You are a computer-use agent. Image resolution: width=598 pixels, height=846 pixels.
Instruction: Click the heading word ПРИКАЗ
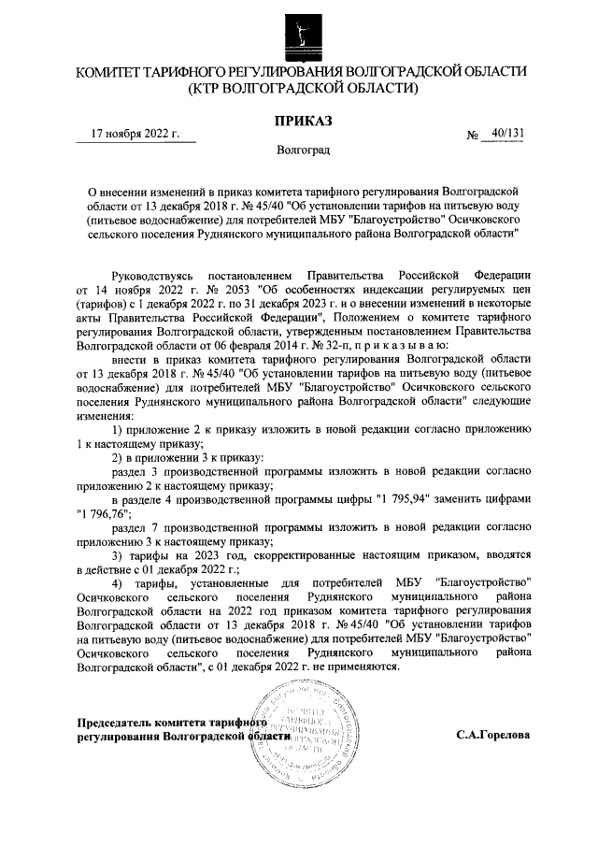point(302,120)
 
